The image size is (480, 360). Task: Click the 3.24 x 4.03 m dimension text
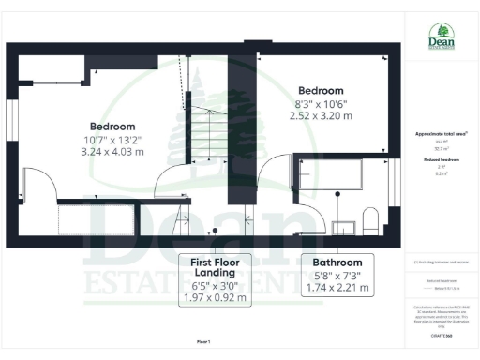[112, 151]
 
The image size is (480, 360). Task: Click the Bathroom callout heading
[335, 262]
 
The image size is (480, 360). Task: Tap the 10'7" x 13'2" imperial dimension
[112, 139]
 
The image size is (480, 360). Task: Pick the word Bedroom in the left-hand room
[112, 126]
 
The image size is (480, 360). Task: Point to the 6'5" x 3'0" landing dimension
[216, 286]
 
